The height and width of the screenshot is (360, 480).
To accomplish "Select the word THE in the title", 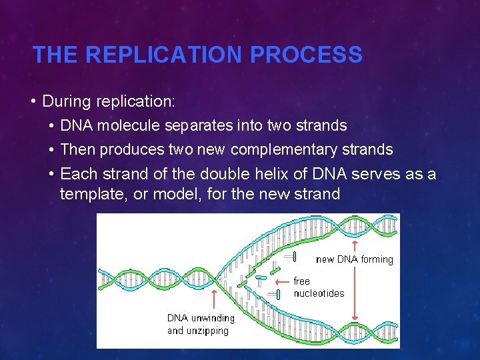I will (56, 55).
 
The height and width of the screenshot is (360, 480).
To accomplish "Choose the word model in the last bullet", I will (161, 194).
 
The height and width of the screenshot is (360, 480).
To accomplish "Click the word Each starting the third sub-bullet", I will (75, 174).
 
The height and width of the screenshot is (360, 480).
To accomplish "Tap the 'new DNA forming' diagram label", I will (354, 259).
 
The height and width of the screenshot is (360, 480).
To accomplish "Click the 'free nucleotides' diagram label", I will (318, 287).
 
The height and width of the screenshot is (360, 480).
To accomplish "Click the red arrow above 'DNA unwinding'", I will (214, 300).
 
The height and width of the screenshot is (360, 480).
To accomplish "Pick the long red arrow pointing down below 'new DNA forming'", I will (355, 293).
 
